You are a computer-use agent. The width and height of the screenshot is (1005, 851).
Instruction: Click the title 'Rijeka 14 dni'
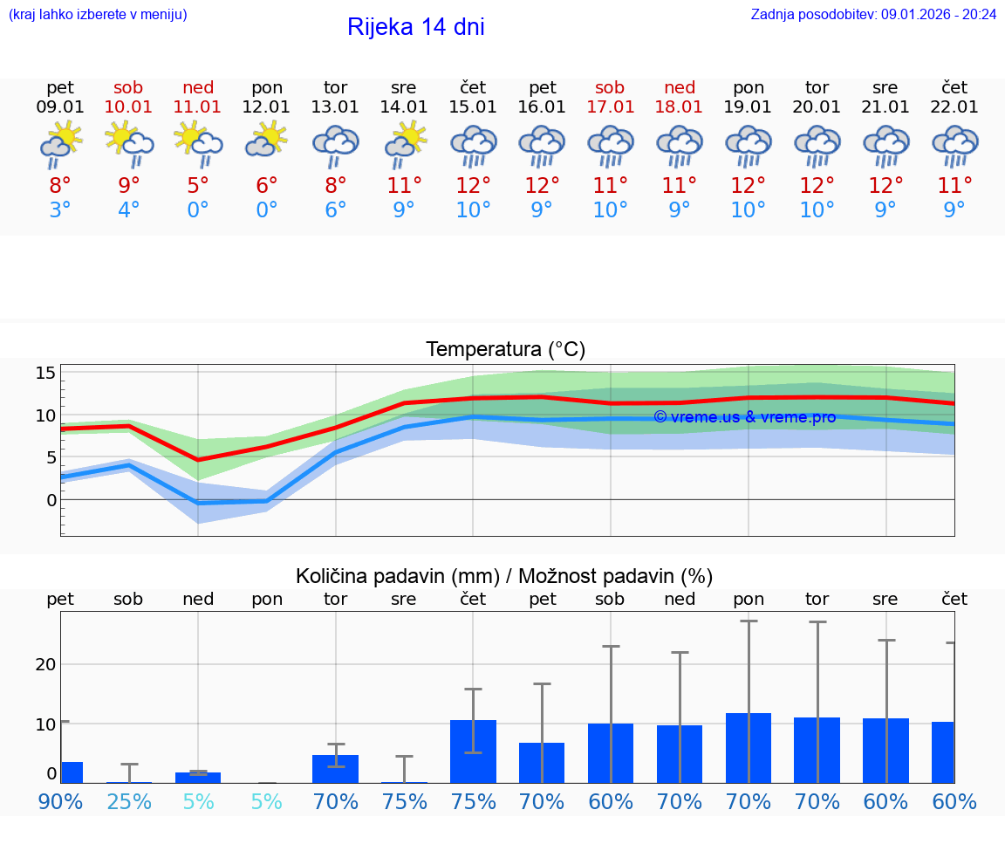tap(415, 27)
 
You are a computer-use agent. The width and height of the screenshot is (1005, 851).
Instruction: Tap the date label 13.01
tap(336, 107)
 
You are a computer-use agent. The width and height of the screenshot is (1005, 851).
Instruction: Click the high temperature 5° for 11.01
tap(198, 185)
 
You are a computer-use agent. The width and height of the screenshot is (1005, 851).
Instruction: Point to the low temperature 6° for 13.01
tap(336, 209)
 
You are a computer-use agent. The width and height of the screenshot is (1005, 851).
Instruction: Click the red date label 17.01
tap(611, 107)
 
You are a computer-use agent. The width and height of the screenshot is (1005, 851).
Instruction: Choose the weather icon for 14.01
tap(405, 143)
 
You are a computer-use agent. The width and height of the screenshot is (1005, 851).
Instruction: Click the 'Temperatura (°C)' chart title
tap(505, 350)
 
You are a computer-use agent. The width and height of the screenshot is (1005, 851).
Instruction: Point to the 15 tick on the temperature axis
tap(45, 373)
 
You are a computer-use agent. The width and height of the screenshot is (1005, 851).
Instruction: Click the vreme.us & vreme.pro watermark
tap(744, 417)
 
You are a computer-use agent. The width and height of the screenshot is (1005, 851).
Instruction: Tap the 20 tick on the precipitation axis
tap(45, 664)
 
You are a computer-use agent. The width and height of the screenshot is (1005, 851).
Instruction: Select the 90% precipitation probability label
tap(60, 801)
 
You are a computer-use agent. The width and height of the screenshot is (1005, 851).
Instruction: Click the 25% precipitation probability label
tap(129, 801)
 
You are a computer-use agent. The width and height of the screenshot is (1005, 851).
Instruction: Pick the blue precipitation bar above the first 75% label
tap(405, 782)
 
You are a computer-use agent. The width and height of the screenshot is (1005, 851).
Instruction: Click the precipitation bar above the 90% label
tap(72, 772)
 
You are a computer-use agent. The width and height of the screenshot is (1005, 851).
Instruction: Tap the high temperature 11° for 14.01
tap(405, 185)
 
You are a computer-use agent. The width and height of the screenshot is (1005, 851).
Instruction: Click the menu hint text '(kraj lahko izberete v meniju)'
tap(98, 14)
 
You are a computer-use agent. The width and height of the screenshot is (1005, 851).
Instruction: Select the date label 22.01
tap(954, 107)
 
